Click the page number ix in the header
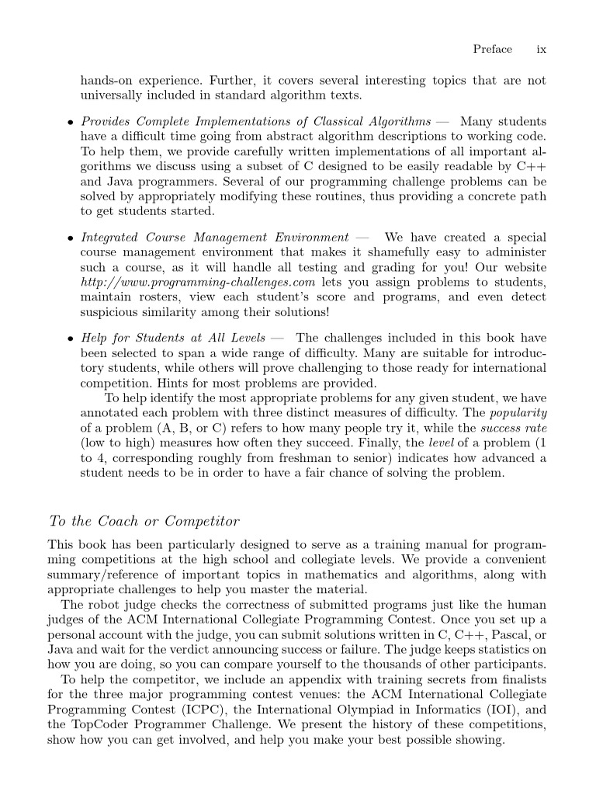[x=542, y=49]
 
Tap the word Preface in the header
[x=492, y=49]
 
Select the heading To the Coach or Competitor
[x=144, y=520]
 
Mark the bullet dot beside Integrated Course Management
[x=70, y=238]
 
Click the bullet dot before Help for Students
[x=70, y=338]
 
